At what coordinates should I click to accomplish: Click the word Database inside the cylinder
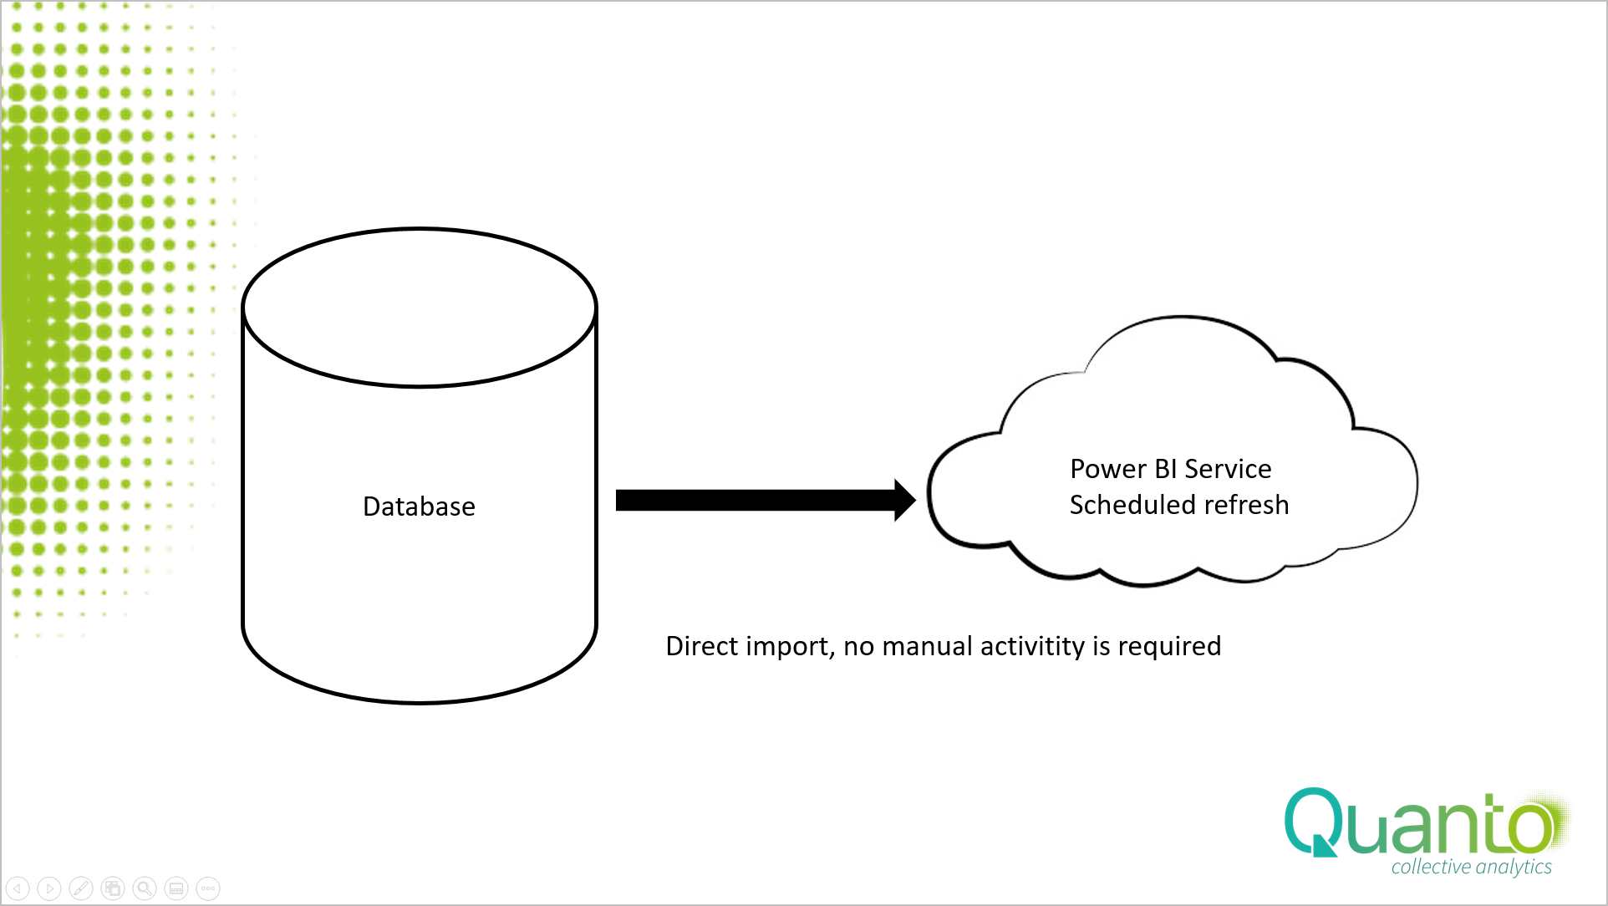[419, 506]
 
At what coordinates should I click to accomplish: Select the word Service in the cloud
[1228, 469]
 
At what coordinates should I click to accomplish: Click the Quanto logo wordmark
[1420, 822]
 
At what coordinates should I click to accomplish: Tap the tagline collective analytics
[1471, 867]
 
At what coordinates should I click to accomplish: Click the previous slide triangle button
[18, 888]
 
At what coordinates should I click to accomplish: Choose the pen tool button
[81, 888]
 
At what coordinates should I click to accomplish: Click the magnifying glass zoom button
[145, 888]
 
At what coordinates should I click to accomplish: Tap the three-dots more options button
[208, 888]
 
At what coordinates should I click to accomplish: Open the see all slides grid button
[113, 888]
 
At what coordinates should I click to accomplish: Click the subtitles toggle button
[176, 888]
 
